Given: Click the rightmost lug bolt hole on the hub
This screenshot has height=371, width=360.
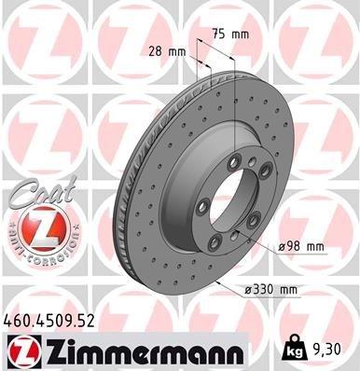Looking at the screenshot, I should pyautogui.click(x=266, y=198).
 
